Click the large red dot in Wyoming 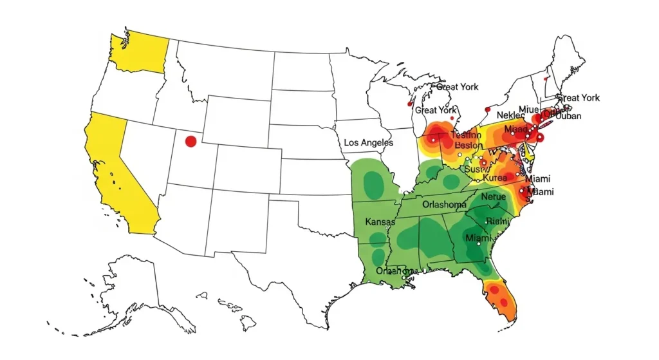click(x=190, y=141)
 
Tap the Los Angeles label click(x=368, y=142)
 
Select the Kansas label click(x=380, y=222)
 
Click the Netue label click(x=494, y=196)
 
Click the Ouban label click(x=567, y=116)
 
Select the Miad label click(x=515, y=129)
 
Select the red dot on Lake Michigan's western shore click(x=409, y=103)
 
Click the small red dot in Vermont click(x=545, y=79)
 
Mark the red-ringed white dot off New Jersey click(x=540, y=138)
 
